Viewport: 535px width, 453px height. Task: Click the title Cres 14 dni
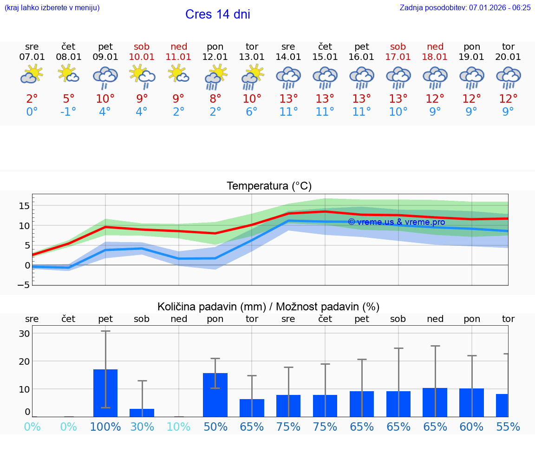click(x=217, y=14)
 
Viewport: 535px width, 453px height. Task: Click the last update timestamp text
click(x=465, y=7)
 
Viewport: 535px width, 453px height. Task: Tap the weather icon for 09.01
click(x=105, y=77)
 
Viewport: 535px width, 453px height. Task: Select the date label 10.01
click(x=142, y=57)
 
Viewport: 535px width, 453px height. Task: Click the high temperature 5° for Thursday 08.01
click(x=69, y=99)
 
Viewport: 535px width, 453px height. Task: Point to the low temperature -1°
click(x=68, y=112)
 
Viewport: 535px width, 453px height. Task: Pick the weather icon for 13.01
click(x=252, y=77)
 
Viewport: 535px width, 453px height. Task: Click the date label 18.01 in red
click(x=435, y=57)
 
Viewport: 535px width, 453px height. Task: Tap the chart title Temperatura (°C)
click(x=269, y=186)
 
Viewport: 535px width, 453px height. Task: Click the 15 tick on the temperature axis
click(x=25, y=206)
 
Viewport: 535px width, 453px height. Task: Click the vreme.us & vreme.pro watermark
click(x=397, y=222)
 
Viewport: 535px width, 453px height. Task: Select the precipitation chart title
click(x=268, y=307)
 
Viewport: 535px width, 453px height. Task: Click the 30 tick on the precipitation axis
click(x=25, y=334)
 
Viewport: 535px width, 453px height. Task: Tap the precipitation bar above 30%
click(x=142, y=413)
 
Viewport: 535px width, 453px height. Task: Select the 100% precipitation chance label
click(x=105, y=427)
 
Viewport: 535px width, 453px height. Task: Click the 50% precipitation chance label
click(x=215, y=427)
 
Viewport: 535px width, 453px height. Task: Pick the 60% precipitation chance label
click(x=472, y=427)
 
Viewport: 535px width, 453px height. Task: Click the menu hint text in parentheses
click(x=52, y=7)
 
